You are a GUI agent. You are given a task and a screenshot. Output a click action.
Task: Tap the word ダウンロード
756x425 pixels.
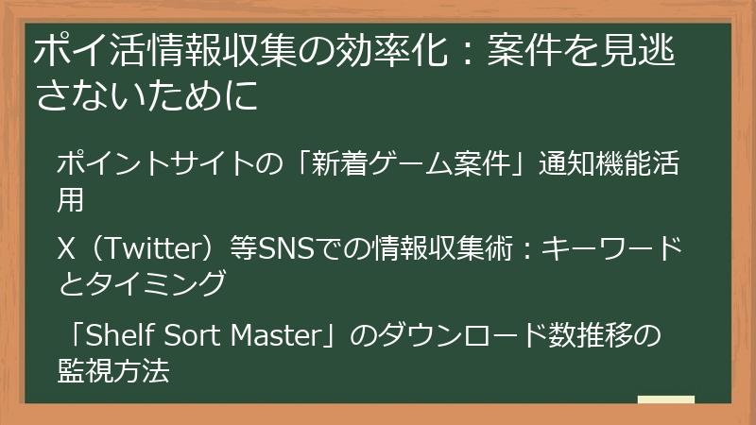click(448, 334)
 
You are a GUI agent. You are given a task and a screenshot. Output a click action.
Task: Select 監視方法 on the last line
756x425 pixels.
click(113, 368)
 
